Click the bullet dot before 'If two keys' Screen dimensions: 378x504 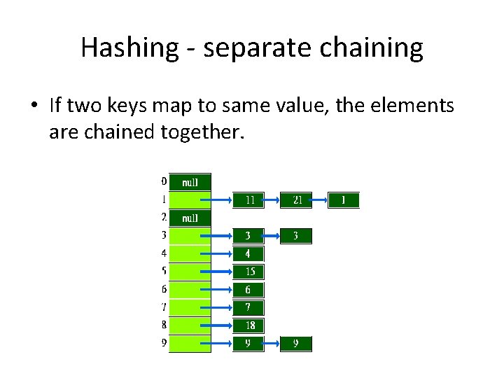(x=34, y=106)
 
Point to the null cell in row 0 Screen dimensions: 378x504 (x=190, y=182)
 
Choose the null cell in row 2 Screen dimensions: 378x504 (x=190, y=218)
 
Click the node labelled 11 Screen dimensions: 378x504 (x=249, y=200)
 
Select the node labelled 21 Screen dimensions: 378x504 (x=297, y=200)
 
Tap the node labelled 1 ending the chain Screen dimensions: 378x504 (x=343, y=200)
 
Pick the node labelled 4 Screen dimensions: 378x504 (x=249, y=253)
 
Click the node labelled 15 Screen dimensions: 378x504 (x=249, y=272)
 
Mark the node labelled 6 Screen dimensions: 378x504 (x=249, y=290)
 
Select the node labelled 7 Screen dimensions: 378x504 (x=249, y=307)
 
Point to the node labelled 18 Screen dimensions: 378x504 (x=249, y=325)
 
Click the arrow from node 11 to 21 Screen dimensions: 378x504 (x=272, y=200)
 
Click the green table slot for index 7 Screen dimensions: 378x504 (x=190, y=307)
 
